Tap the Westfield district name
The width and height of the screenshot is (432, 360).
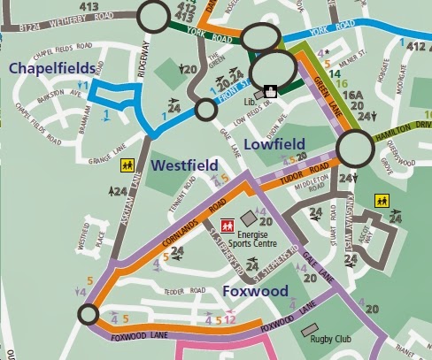(x=183, y=165)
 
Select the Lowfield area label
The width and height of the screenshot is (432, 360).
(x=275, y=144)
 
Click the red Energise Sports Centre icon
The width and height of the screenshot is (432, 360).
(x=227, y=226)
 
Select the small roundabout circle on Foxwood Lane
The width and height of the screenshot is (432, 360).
(x=87, y=314)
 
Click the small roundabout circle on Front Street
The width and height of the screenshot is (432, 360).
(x=206, y=110)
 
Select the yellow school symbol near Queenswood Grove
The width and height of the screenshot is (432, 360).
(x=382, y=200)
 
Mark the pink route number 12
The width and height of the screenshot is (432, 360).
(x=229, y=319)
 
